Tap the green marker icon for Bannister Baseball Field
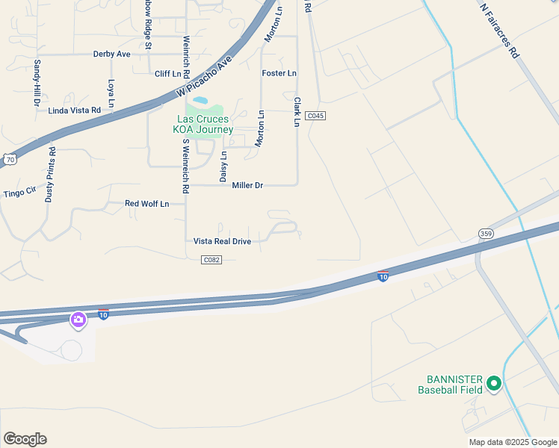492,384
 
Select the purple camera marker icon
78,320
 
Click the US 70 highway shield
9,159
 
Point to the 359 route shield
487,234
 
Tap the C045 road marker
315,116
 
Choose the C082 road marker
212,259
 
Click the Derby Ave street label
112,55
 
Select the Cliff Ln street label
167,74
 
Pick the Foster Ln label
279,73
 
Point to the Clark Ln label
297,111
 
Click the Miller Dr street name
247,185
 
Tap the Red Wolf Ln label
146,203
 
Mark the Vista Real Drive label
222,241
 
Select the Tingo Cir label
20,192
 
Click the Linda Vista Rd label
74,111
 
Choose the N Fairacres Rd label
498,30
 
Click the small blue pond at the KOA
200,99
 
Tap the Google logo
25,439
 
